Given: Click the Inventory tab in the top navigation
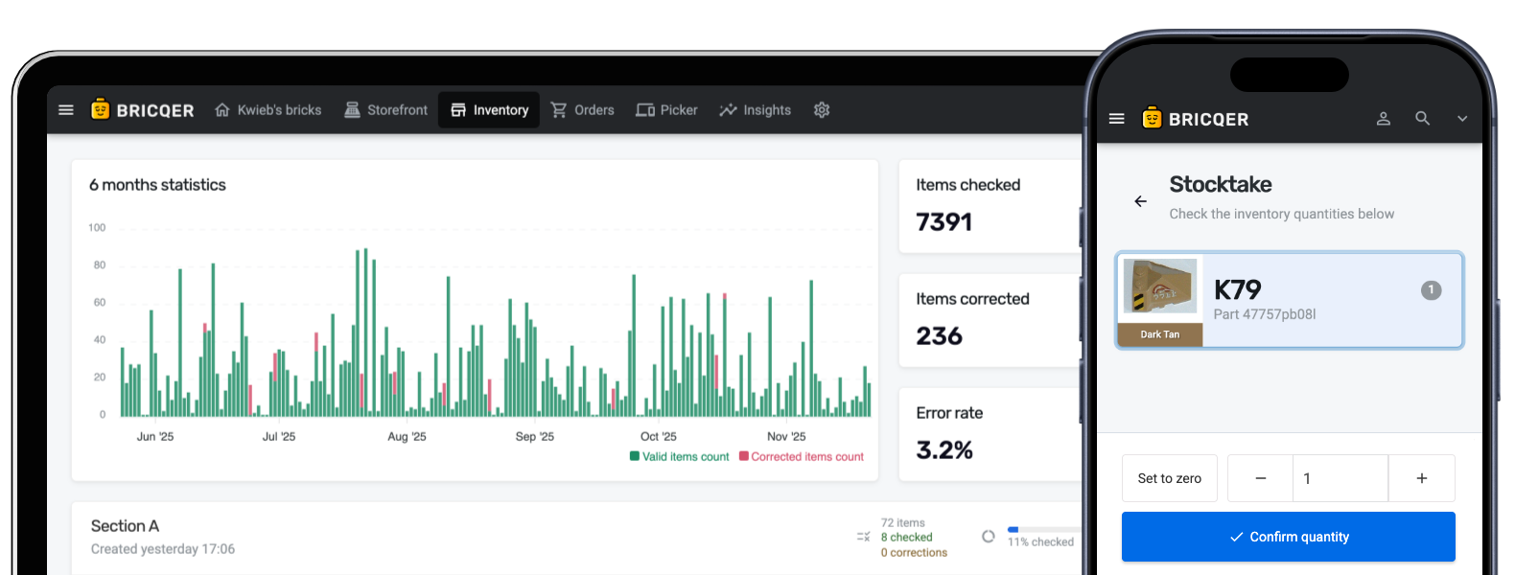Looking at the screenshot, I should tap(490, 110).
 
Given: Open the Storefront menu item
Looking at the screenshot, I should tap(386, 110).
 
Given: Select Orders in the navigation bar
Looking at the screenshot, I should tap(582, 110).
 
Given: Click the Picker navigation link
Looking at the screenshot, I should tap(666, 110).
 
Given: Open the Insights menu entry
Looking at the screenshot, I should tap(756, 110).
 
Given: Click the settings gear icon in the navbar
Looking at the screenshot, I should tap(822, 110).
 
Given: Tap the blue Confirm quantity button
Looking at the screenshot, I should tap(1288, 537).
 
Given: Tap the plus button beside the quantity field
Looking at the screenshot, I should tap(1421, 478).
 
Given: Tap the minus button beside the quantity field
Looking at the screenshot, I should tap(1260, 478).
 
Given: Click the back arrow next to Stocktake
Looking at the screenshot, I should tap(1140, 201).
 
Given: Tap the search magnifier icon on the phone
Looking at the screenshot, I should tap(1422, 119).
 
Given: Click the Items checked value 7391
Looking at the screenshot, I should tap(944, 222).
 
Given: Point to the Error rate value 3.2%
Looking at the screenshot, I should tap(944, 450).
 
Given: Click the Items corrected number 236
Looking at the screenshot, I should tap(939, 336).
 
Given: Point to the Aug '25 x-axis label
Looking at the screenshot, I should tap(407, 437).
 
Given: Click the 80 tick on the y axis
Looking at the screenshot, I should tap(99, 265).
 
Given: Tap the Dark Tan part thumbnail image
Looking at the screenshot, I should tap(1160, 287).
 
